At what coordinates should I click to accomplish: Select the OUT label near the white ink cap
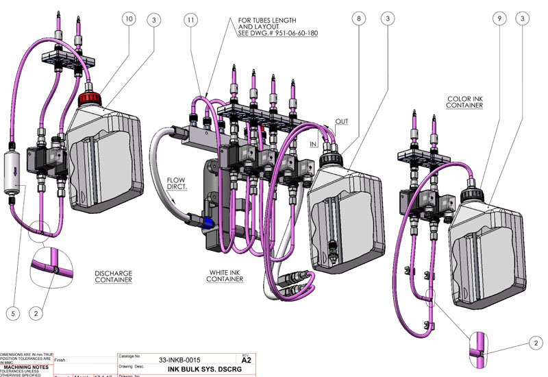pyautogui.click(x=340, y=121)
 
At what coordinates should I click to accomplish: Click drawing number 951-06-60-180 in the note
pyautogui.click(x=277, y=33)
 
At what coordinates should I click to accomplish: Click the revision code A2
pyautogui.click(x=247, y=360)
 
